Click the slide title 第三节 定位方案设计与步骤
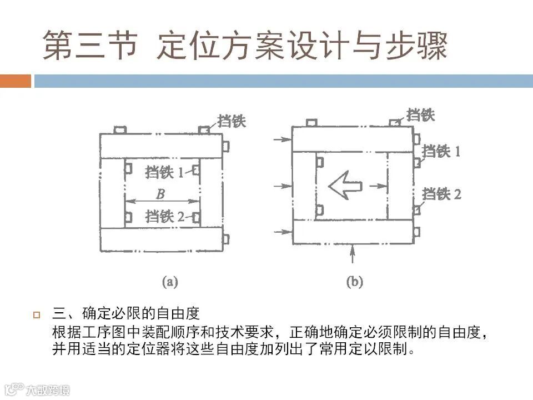(x=245, y=46)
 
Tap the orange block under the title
(x=15, y=81)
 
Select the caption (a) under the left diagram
(x=169, y=282)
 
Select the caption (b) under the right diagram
(x=354, y=282)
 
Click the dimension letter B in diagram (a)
(x=160, y=194)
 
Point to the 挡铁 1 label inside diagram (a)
(x=164, y=172)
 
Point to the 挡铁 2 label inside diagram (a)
(x=164, y=216)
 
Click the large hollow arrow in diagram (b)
(x=345, y=186)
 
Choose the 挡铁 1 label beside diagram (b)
(x=441, y=151)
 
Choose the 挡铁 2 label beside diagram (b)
(x=441, y=194)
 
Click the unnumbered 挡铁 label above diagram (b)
(x=420, y=115)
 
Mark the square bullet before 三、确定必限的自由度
(x=37, y=316)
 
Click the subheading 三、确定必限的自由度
(x=125, y=314)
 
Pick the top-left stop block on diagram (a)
(x=120, y=130)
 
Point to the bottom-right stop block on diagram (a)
(x=225, y=239)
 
